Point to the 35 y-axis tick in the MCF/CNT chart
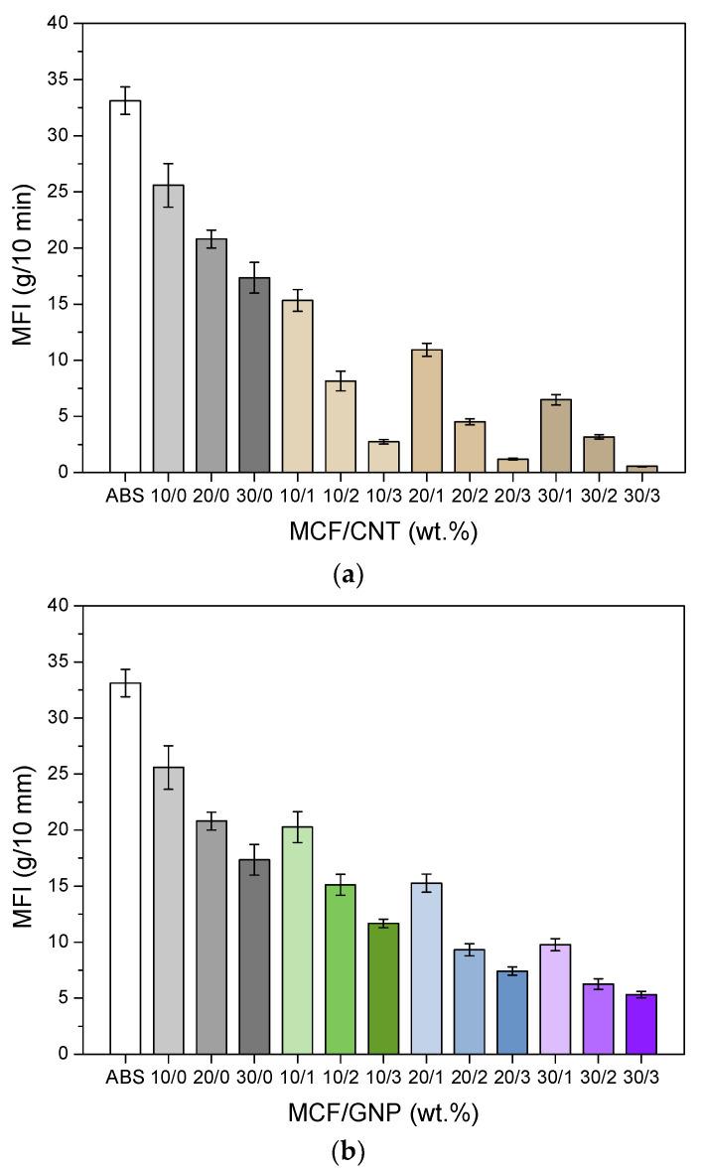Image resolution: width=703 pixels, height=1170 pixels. pyautogui.click(x=60, y=79)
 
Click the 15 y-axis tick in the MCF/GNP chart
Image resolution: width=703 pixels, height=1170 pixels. pyautogui.click(x=60, y=886)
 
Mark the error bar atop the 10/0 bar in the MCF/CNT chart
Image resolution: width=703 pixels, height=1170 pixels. pyautogui.click(x=168, y=185)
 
